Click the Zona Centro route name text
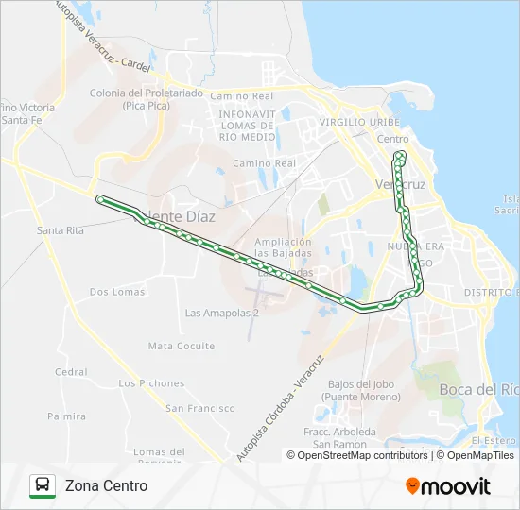(x=106, y=485)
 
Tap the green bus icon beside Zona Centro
(x=43, y=485)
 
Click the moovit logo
(x=448, y=486)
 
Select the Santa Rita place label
(x=61, y=230)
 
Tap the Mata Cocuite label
(x=182, y=347)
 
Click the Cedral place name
(x=71, y=372)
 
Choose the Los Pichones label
(x=151, y=383)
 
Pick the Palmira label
(x=66, y=416)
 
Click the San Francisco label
(x=200, y=408)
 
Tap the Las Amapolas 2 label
(x=221, y=313)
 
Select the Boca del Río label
(x=479, y=389)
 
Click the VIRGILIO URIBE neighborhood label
(x=360, y=123)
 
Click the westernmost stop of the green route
(x=100, y=198)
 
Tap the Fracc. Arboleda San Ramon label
(x=340, y=438)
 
